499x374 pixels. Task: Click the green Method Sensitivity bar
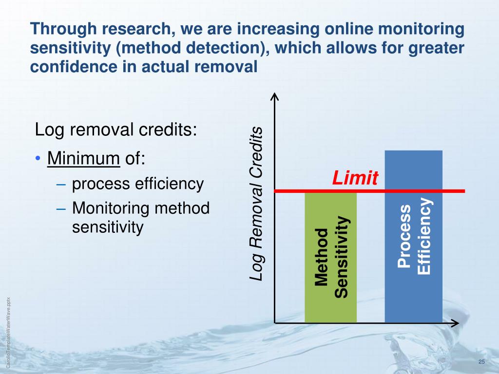tap(330, 257)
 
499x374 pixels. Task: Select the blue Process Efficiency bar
tap(413, 236)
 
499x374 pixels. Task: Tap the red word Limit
tap(355, 179)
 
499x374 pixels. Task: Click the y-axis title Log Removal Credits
tap(256, 204)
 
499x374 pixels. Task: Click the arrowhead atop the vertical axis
tap(275, 96)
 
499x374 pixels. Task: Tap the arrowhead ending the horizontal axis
tap(455, 322)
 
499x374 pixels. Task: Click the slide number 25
tap(482, 361)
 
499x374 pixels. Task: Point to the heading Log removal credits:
tap(116, 131)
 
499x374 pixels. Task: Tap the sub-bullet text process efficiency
tap(137, 184)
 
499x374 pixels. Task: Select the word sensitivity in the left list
tap(108, 227)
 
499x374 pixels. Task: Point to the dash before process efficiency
tap(60, 184)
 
